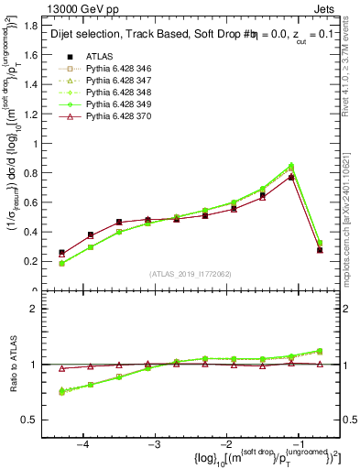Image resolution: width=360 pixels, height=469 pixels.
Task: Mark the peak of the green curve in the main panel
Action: (x=290, y=166)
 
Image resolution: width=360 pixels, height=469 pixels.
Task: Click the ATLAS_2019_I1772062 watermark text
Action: (x=189, y=273)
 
